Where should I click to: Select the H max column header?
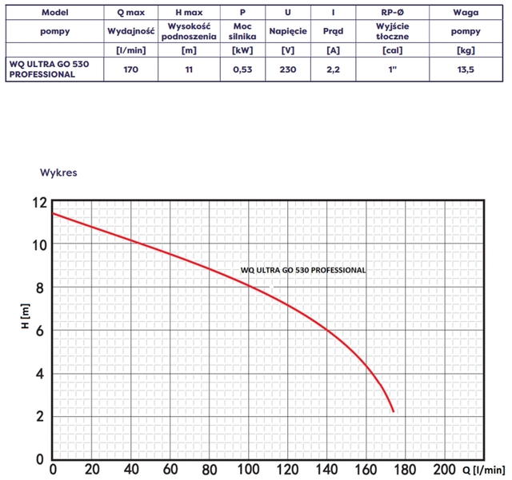(189, 14)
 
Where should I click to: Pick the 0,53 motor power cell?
(242, 69)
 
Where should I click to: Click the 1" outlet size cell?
(391, 69)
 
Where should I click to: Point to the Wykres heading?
(58, 172)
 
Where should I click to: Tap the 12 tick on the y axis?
(40, 201)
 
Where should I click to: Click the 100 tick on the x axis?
(248, 468)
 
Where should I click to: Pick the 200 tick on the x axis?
(444, 468)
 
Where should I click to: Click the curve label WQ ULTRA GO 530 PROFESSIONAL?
(303, 270)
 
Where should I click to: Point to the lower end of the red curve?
(394, 411)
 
